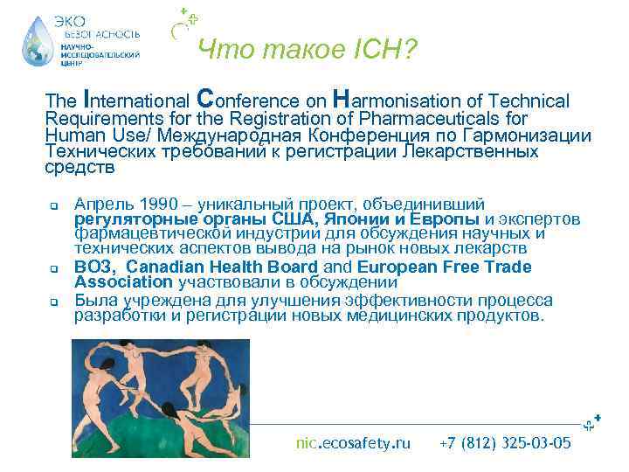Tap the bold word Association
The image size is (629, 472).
pos(124,282)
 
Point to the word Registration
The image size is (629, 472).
pos(242,118)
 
